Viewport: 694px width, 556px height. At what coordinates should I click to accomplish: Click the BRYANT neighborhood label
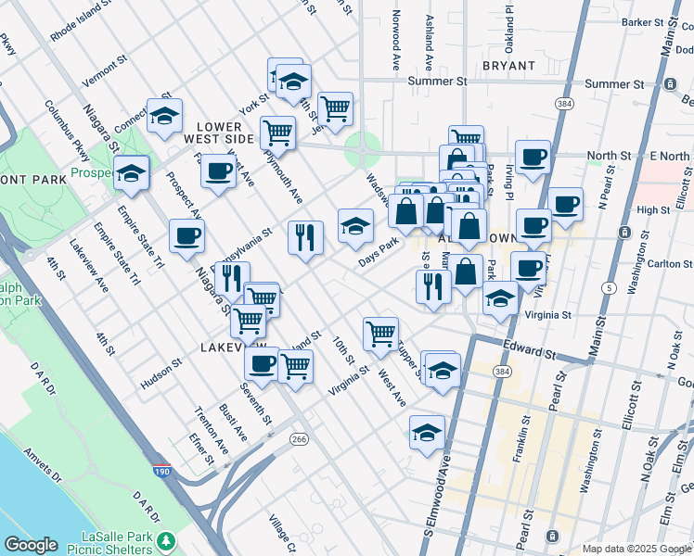508,66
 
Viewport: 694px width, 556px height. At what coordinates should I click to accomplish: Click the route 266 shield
298,438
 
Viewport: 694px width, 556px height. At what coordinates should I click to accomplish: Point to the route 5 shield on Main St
607,288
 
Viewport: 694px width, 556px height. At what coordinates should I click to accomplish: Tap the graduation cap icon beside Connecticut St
164,117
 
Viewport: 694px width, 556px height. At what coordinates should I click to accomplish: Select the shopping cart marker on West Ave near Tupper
379,334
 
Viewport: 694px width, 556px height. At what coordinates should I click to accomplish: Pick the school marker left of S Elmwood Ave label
427,433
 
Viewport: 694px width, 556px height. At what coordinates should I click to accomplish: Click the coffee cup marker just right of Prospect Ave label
218,171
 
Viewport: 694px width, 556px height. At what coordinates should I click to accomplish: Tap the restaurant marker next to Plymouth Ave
304,238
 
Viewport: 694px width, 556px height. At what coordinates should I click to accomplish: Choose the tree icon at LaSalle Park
166,540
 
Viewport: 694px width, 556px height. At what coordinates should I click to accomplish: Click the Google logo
31,545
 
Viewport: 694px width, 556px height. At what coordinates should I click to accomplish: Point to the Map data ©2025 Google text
636,549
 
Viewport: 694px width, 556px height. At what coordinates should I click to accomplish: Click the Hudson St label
159,375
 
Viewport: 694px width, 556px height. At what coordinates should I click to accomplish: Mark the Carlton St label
666,263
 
